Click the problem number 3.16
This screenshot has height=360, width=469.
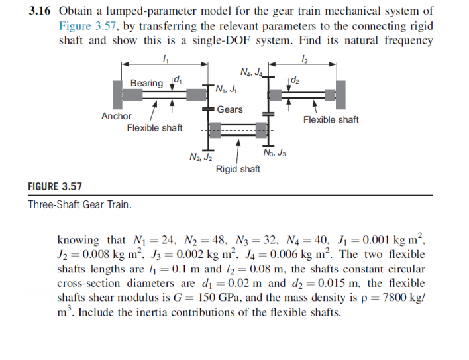(40, 11)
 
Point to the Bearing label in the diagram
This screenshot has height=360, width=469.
(146, 83)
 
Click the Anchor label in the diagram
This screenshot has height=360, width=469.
(116, 116)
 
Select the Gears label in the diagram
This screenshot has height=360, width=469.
(229, 109)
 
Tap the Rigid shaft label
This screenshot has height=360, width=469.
(238, 169)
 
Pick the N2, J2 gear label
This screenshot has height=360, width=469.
(200, 157)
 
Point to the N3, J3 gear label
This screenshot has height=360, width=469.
(274, 154)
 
